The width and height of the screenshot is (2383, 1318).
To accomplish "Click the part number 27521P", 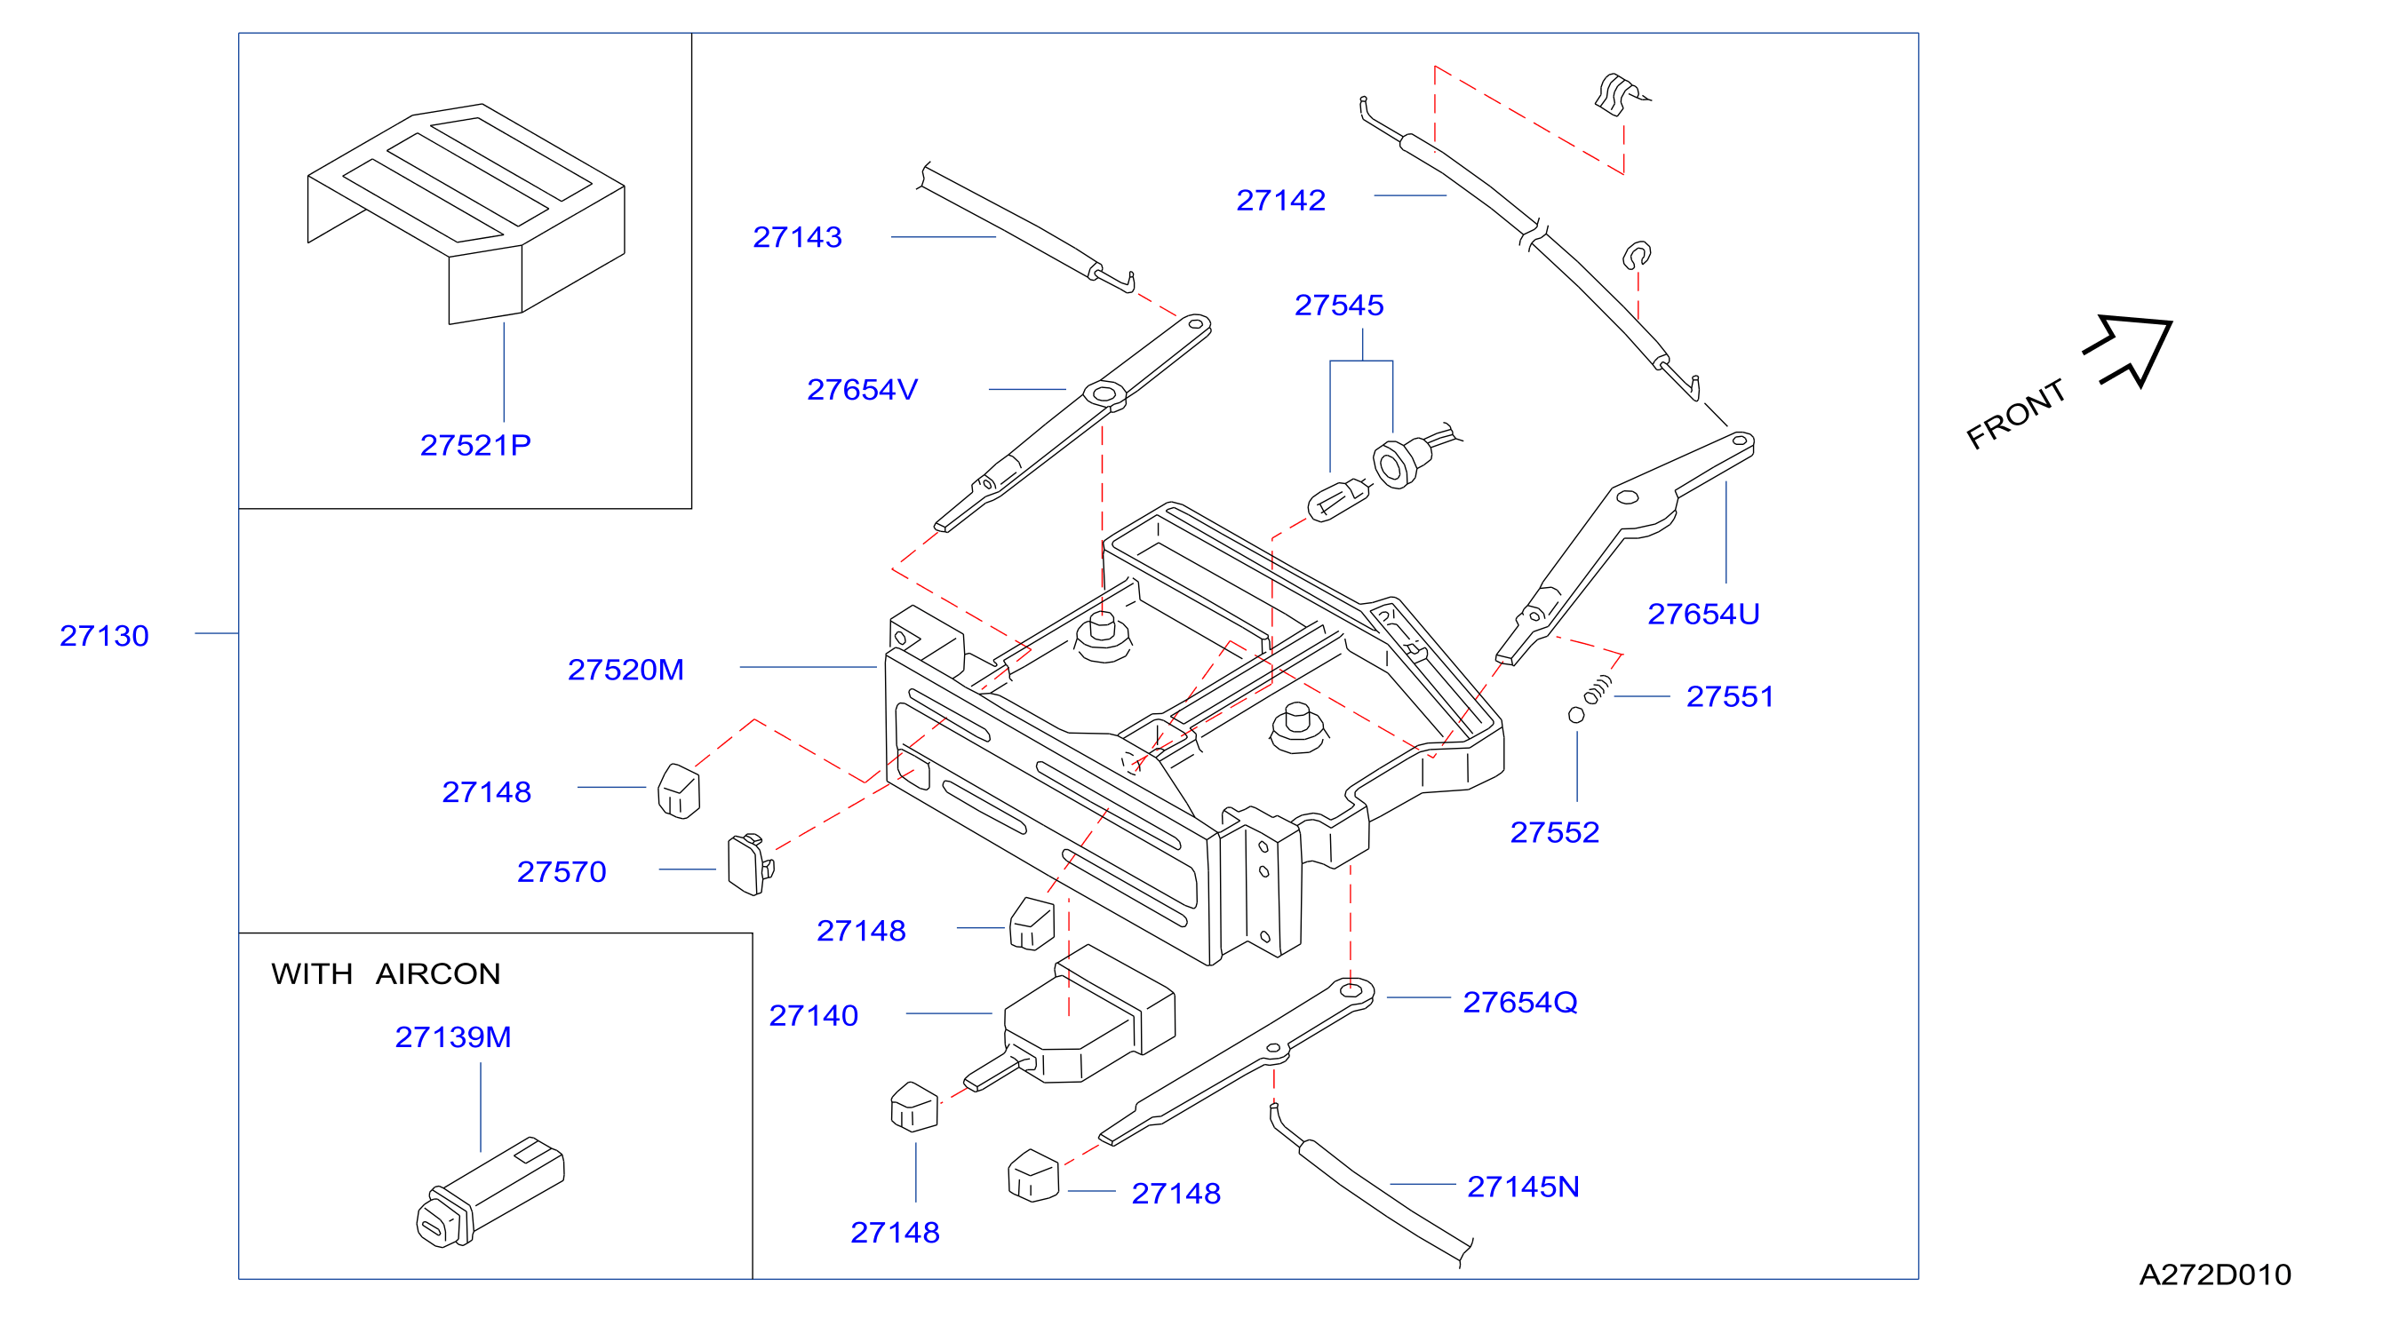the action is (x=475, y=446).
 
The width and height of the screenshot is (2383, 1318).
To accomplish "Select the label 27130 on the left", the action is (x=104, y=636).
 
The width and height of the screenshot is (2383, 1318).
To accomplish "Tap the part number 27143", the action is (x=797, y=238).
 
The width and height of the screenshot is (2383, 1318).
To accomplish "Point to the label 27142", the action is (x=1280, y=201).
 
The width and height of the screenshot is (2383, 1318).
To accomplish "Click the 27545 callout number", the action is (x=1339, y=306).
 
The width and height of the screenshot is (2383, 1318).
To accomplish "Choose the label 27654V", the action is (x=862, y=390).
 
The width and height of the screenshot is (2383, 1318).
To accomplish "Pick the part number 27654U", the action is (x=1703, y=614).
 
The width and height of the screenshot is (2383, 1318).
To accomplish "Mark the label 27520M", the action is (x=626, y=670).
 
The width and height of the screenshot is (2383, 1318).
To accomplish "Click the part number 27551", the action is (x=1730, y=696).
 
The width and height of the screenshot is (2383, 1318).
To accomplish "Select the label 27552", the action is (x=1554, y=832).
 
